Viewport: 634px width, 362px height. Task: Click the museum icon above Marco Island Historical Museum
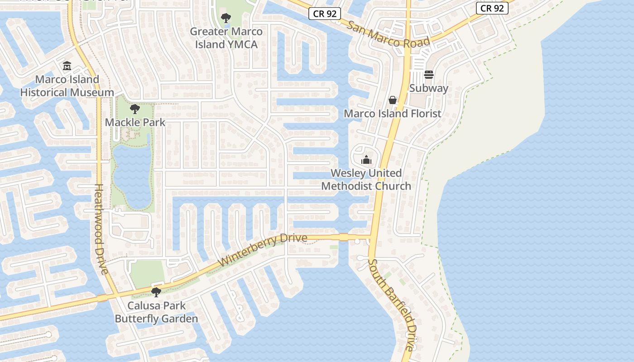(x=67, y=66)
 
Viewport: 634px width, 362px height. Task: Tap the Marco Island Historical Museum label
(x=67, y=86)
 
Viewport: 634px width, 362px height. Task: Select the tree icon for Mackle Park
(x=134, y=109)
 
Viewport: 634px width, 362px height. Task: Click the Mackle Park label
(x=135, y=122)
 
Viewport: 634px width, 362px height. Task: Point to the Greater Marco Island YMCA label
(x=226, y=38)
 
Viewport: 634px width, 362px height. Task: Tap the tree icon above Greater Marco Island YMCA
(x=226, y=18)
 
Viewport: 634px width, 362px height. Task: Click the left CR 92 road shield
(x=325, y=14)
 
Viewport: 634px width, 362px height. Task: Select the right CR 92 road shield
(x=492, y=8)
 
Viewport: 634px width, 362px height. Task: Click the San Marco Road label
(x=388, y=33)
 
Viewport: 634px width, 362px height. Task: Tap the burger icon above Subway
(x=429, y=75)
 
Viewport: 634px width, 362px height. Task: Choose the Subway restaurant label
(x=429, y=88)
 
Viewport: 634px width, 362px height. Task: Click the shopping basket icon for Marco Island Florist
(x=393, y=100)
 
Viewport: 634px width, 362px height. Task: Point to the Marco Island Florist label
(x=393, y=114)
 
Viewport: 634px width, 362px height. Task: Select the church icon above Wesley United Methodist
(x=366, y=160)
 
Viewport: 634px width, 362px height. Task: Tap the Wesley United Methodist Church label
(x=366, y=180)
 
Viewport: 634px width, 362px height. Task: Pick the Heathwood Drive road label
(x=101, y=229)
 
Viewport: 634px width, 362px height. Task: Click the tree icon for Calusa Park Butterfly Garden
(x=156, y=292)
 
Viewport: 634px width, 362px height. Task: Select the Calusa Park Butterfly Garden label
(x=156, y=312)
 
